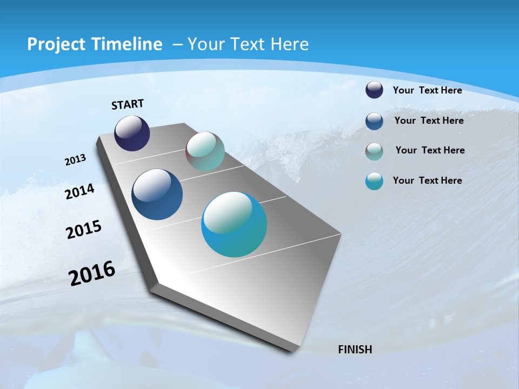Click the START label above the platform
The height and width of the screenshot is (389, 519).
coord(128,104)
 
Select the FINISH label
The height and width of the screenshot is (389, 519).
coord(355,350)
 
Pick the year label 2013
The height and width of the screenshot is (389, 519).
coord(76,160)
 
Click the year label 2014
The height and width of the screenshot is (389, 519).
coord(80,192)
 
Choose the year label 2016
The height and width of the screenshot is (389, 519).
coord(92,273)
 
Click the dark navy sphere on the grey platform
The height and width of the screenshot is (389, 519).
coord(132,133)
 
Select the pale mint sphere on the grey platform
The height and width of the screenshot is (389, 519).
coord(205,151)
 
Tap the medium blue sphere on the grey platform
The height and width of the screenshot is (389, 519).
coord(157,194)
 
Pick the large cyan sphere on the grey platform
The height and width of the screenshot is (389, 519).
coord(234,224)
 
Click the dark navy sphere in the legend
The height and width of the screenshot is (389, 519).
coord(374,90)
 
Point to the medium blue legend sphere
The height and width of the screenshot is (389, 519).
coord(374,121)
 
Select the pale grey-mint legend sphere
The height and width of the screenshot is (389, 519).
coord(374,151)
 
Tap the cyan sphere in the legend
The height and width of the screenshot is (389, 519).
coord(374,181)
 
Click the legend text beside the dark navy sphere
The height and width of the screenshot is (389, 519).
coord(427,90)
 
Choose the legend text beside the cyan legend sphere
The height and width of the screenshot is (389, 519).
coord(427,180)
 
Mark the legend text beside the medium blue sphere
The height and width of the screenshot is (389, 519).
coord(429,120)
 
